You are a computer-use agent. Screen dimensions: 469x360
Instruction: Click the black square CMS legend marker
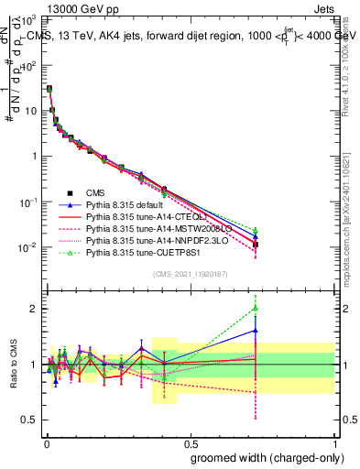coord(70,193)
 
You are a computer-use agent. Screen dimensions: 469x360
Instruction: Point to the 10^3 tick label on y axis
coord(29,19)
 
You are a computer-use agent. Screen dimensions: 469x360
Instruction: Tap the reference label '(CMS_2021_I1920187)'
coord(189,274)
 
